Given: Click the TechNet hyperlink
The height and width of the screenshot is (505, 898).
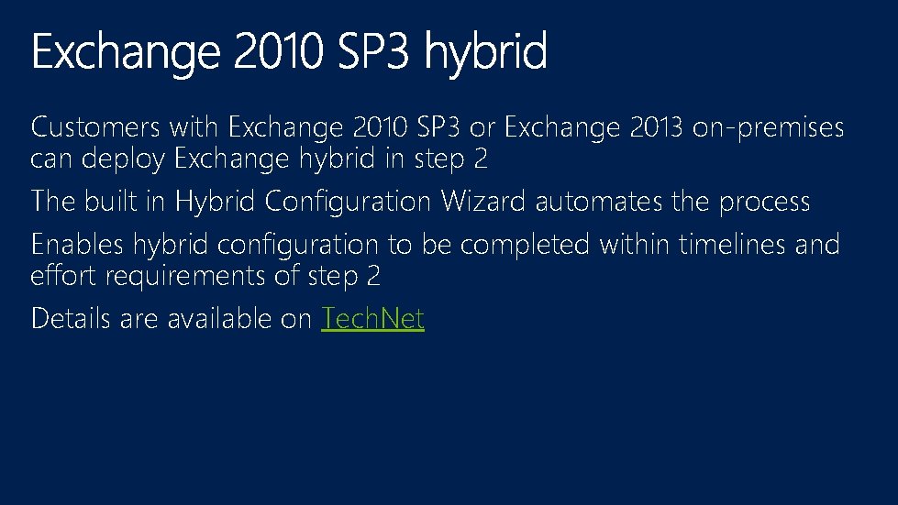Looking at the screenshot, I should coord(372,319).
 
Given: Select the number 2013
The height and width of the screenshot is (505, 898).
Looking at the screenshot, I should coord(656,127).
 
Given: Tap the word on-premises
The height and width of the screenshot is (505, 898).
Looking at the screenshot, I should coord(768,128).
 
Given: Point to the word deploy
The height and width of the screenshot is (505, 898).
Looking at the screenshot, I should coord(124,159).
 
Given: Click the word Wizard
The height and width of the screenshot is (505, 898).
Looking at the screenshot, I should coord(484,201).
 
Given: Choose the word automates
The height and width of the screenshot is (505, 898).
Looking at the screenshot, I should coord(600,201).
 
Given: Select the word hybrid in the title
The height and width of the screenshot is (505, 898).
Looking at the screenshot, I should coord(487,53).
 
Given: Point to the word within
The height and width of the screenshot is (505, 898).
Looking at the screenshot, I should coord(635,245).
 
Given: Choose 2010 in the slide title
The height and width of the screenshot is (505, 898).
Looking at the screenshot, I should coord(278,51).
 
